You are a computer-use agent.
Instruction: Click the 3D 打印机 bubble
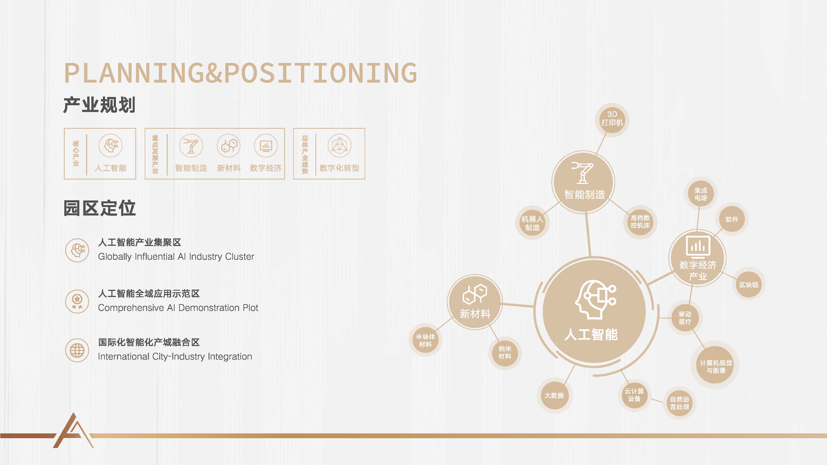[612, 120]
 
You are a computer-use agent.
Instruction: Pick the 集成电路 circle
[701, 194]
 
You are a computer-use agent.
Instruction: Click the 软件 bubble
[732, 219]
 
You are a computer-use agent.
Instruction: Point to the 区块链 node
[749, 285]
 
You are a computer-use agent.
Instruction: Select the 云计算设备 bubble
[634, 395]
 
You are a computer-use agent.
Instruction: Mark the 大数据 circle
[554, 395]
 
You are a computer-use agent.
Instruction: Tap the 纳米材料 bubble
[505, 352]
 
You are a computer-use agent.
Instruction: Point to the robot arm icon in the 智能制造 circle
[582, 173]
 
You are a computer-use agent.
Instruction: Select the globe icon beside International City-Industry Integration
[77, 350]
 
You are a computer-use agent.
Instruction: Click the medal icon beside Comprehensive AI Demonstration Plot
[77, 301]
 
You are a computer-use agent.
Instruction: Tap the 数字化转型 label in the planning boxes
[339, 168]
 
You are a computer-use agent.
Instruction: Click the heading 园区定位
[100, 208]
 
